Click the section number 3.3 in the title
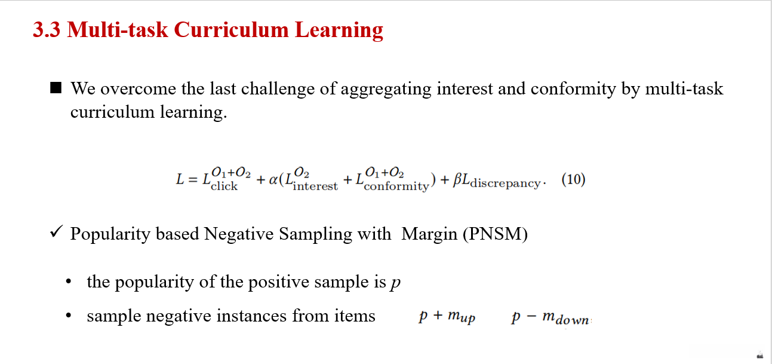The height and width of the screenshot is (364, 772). [47, 30]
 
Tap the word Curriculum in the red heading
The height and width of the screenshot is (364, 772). [231, 30]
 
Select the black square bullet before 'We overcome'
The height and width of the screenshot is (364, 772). [56, 88]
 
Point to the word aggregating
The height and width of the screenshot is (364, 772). [386, 89]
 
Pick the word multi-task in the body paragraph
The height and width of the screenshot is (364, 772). [684, 88]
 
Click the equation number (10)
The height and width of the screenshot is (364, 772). [573, 179]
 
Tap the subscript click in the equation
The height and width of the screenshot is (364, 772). [224, 186]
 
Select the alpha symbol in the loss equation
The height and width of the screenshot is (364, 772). [273, 179]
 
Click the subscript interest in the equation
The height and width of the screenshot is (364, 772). [315, 186]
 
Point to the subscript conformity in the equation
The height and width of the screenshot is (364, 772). [396, 186]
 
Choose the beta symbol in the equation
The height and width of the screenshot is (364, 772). [457, 179]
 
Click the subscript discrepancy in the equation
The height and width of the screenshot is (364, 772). [505, 183]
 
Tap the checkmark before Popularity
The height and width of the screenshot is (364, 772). [56, 231]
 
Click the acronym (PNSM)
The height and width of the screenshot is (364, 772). [495, 234]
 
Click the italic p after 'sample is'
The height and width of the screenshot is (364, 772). [395, 283]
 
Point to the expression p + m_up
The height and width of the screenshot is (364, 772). [447, 317]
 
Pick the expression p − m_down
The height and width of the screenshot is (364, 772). [551, 317]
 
